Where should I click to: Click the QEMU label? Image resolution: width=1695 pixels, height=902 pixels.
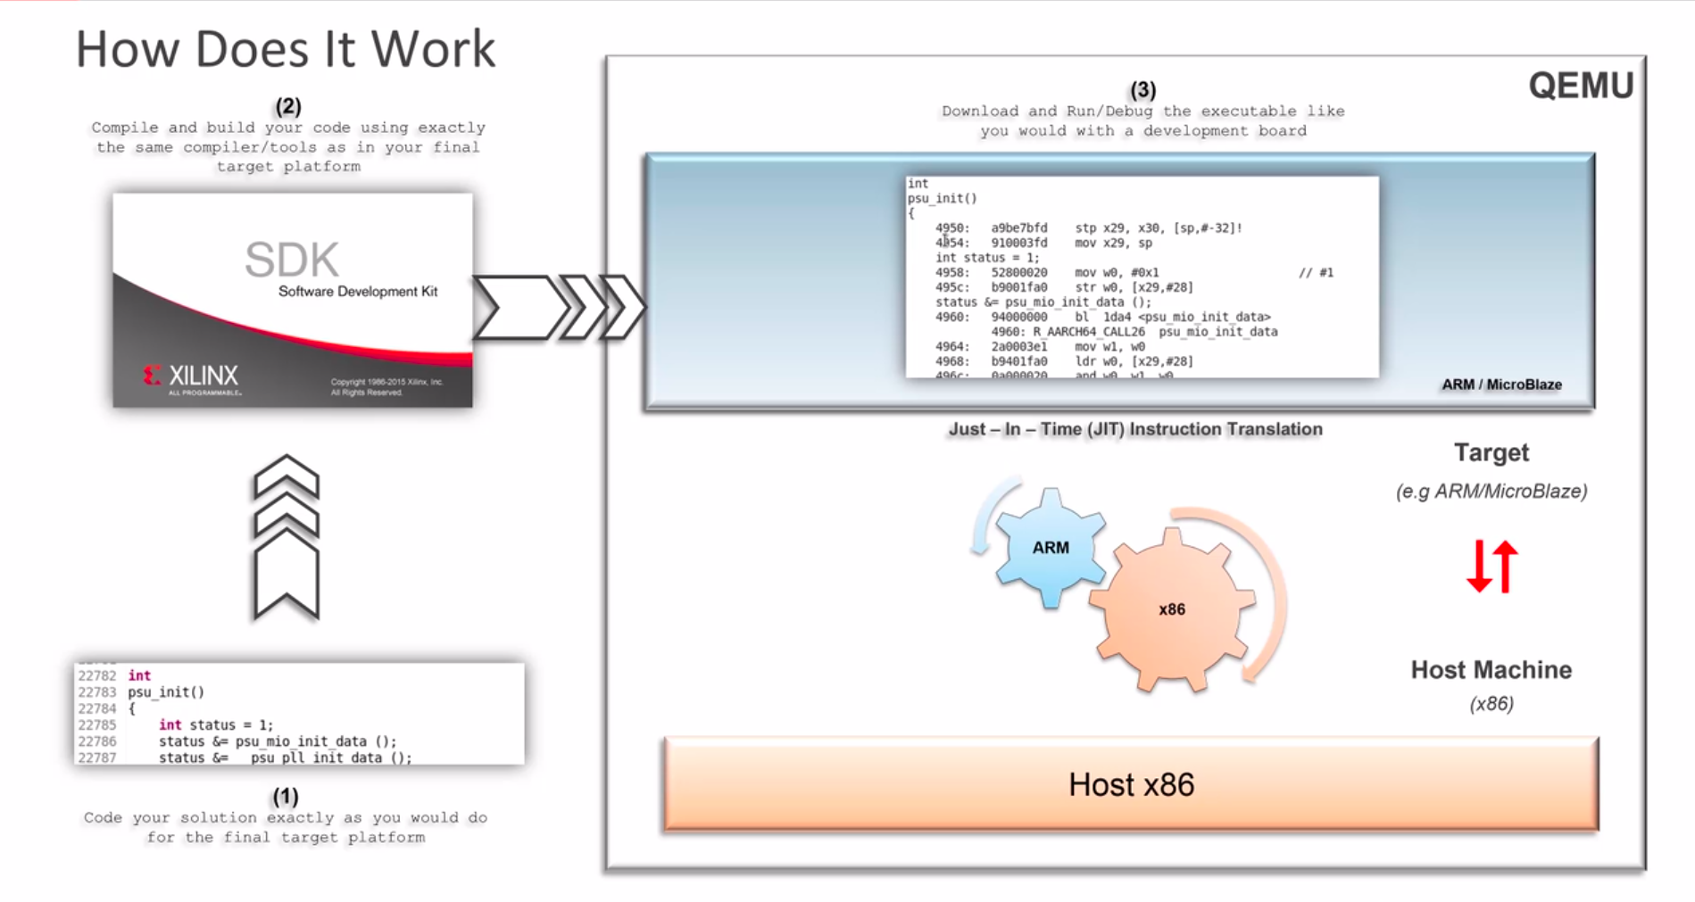[1581, 86]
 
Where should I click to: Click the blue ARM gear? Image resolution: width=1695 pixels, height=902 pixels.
[1050, 548]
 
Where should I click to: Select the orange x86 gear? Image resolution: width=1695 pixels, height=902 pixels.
[1171, 609]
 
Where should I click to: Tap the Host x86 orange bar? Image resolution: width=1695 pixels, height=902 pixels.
[1131, 784]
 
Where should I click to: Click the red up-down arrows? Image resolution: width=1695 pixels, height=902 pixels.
[1491, 567]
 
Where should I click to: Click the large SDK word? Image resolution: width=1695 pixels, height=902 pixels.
[292, 260]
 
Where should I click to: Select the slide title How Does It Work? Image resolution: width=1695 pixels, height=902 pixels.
[285, 49]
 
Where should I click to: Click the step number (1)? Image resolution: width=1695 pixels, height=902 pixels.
[285, 796]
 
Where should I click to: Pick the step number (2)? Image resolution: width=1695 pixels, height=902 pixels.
[287, 106]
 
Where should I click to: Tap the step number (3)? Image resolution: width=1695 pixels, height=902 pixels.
[1142, 90]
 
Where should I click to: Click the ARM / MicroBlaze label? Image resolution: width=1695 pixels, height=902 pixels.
[1501, 385]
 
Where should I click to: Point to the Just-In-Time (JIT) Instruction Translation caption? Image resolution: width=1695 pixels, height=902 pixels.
[1134, 429]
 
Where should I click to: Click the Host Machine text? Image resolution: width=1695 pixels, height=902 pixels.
[1491, 670]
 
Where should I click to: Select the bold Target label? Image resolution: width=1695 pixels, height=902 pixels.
[1491, 453]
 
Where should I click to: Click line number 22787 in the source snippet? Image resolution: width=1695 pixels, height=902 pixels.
[96, 757]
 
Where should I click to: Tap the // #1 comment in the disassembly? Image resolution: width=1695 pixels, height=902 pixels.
[1316, 272]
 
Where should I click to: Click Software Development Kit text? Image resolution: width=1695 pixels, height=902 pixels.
[358, 292]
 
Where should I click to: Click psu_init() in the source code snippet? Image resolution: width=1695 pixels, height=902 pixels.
[166, 691]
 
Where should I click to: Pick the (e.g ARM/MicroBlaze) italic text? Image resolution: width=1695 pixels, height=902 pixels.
[1491, 492]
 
